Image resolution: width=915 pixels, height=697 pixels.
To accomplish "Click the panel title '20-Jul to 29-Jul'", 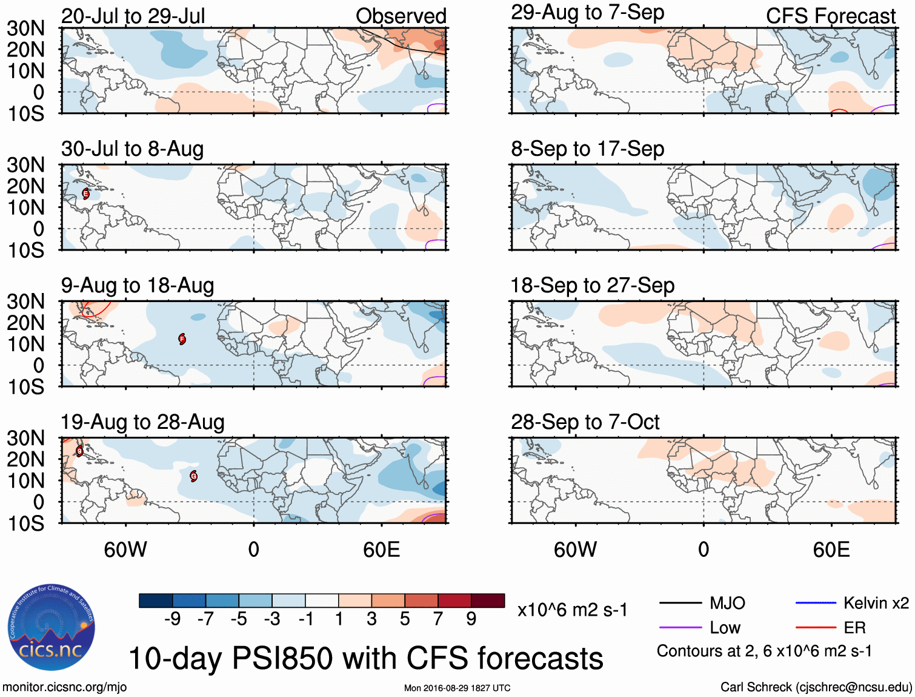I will pos(133,16).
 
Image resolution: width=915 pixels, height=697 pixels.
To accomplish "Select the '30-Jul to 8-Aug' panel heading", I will pos(132,149).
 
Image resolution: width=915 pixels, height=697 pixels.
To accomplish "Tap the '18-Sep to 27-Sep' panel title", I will pos(592,286).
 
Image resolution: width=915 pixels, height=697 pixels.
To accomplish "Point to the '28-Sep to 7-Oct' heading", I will pos(585,422).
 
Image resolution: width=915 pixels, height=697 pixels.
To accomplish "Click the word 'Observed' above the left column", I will pos(401,16).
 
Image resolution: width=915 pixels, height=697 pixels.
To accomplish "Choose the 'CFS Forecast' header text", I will pos(830,16).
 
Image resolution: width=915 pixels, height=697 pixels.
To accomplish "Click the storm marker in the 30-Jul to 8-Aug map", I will pos(86,194).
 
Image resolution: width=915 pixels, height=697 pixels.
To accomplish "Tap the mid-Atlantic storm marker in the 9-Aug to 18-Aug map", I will pos(182,339).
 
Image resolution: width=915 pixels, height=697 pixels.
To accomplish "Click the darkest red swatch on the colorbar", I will pos(488,601).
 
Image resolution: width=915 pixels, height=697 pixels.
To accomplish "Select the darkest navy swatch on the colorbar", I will pos(156,601).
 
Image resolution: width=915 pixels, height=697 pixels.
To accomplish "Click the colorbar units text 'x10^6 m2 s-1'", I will pos(572,610).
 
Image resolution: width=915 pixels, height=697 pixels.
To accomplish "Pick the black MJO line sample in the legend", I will pos(680,603).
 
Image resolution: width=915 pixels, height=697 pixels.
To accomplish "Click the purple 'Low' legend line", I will pos(680,627).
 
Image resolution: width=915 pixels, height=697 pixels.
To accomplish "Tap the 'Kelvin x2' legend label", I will pos(876,603).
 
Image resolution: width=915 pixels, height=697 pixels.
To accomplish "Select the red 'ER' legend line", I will pos(816,627).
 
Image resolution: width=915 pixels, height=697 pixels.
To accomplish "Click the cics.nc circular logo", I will pos(52,628).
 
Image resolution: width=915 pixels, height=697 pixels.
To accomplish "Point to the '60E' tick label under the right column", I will pos(831,550).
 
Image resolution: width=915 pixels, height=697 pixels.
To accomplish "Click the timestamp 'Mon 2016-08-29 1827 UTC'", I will pos(457,688).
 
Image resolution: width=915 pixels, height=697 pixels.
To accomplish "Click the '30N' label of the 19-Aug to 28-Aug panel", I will pos(25,438).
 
